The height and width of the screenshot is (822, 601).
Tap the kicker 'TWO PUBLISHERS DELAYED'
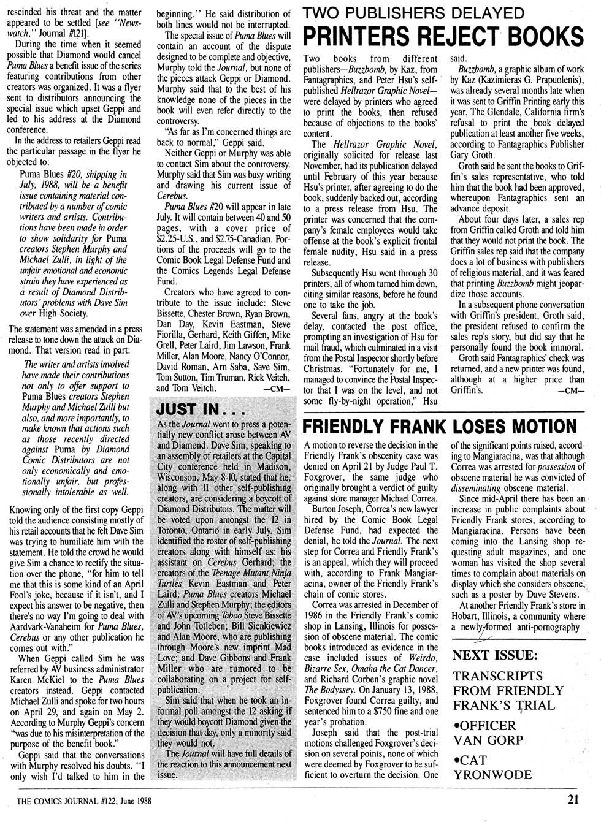pyautogui.click(x=415, y=12)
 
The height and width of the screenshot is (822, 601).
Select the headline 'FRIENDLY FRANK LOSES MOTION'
pyautogui.click(x=440, y=426)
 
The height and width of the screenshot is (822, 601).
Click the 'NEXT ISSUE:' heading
pyautogui.click(x=496, y=655)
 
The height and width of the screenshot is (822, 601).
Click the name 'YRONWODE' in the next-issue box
pyautogui.click(x=492, y=774)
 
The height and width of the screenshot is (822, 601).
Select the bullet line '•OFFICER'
pyautogui.click(x=484, y=725)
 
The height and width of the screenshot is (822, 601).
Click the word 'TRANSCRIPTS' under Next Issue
pyautogui.click(x=497, y=676)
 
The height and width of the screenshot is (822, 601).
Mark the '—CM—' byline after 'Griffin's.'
pyautogui.click(x=569, y=390)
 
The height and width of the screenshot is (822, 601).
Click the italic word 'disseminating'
pyautogui.click(x=482, y=489)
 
